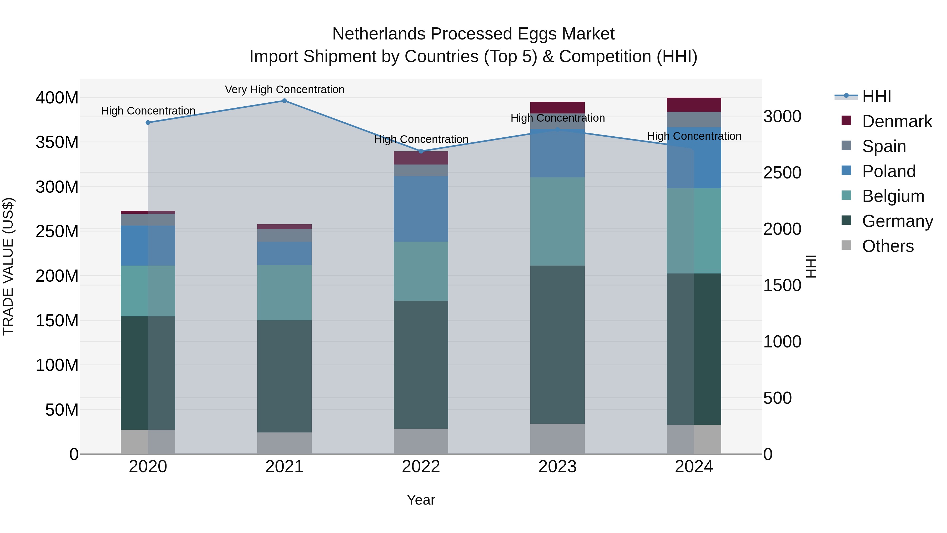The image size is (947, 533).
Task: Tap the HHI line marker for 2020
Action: [x=148, y=122]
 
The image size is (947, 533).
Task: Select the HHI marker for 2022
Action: [x=421, y=151]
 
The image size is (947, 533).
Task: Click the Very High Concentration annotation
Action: [x=285, y=89]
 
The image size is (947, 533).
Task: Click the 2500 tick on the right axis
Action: [x=782, y=173]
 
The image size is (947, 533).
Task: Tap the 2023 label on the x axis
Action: [x=557, y=467]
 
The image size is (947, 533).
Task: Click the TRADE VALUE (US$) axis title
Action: [x=8, y=266]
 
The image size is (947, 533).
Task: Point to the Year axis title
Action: [x=421, y=500]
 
